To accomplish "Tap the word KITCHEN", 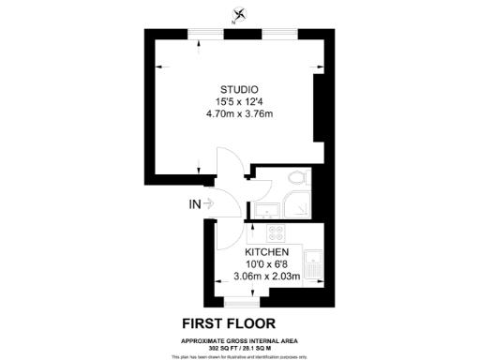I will [266, 254].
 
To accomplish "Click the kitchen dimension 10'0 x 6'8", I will [266, 265].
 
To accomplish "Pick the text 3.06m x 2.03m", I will [266, 277].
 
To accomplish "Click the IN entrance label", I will [194, 202].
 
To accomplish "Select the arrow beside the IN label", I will [209, 202].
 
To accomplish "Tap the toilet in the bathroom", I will [296, 176].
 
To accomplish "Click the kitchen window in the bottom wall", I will [243, 303].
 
